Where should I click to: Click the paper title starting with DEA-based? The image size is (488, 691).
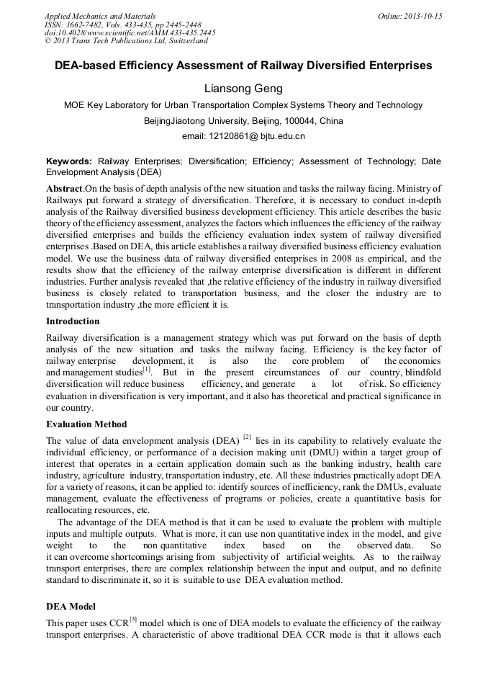click(243, 66)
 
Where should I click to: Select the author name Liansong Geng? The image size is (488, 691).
click(243, 89)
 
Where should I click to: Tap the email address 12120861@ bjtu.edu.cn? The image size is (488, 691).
click(243, 135)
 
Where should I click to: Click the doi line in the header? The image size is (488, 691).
click(130, 33)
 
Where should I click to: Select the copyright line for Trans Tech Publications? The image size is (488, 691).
click(126, 42)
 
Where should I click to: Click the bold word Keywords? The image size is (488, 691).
click(69, 162)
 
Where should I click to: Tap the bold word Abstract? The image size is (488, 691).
click(63, 188)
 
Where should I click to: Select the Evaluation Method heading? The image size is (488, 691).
click(86, 424)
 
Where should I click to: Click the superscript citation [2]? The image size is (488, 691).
click(247, 437)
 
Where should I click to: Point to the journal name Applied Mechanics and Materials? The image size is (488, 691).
click(99, 16)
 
